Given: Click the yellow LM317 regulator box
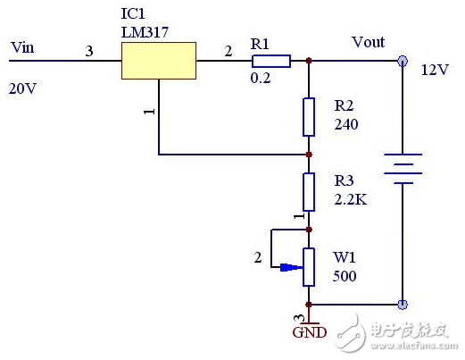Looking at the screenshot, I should [x=159, y=61].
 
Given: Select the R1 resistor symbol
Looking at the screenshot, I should [x=270, y=61].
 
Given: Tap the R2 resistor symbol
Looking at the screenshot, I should [x=309, y=116].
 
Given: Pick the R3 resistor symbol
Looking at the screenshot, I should [x=309, y=190].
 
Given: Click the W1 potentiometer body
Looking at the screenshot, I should [x=309, y=264].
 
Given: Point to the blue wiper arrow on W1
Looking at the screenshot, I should [x=291, y=266].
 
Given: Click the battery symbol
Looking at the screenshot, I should [x=402, y=169].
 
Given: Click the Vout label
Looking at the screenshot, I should [x=368, y=42].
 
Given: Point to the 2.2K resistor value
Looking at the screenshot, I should [x=351, y=199].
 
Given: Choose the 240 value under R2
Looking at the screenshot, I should [x=346, y=125].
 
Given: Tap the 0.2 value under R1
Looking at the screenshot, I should [x=262, y=79].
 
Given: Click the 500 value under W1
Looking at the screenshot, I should [x=345, y=277].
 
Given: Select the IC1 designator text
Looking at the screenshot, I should [x=131, y=15].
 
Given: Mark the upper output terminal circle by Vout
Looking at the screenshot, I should [x=402, y=61].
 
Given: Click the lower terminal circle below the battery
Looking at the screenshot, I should [x=402, y=304].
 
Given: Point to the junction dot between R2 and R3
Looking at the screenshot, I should [x=309, y=155].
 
